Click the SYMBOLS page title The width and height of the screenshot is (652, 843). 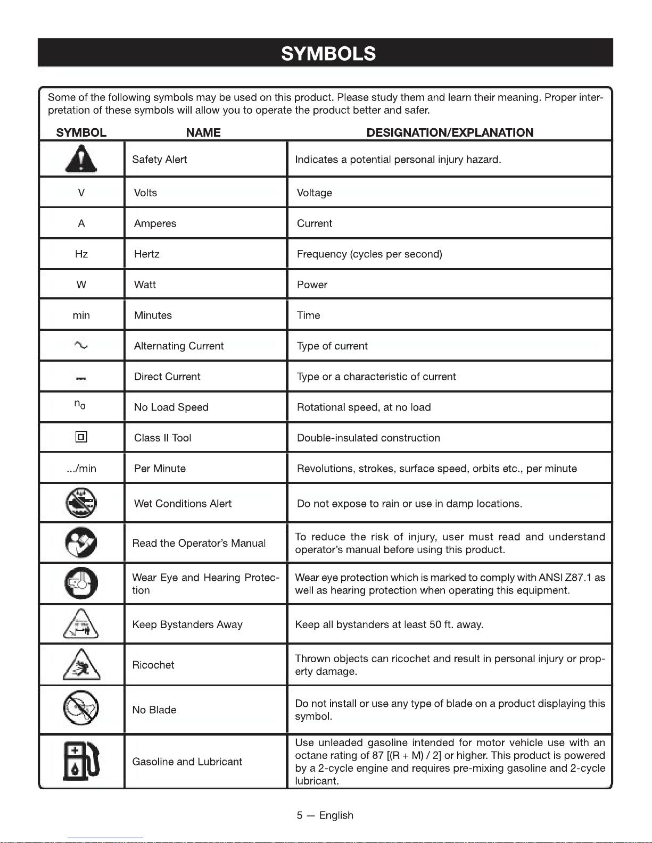point(328,54)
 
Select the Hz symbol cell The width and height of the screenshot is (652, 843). point(81,254)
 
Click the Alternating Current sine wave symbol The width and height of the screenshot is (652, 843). point(81,346)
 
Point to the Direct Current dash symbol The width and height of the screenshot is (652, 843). point(81,378)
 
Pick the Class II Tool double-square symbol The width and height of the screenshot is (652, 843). point(81,437)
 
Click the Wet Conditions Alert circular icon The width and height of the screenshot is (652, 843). point(81,503)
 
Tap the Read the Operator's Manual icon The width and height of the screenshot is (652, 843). point(81,542)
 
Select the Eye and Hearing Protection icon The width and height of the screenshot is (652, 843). point(81,583)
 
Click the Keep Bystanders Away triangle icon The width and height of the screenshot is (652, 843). point(81,624)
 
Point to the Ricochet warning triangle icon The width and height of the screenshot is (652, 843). point(81,665)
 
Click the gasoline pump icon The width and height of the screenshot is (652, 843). point(81,761)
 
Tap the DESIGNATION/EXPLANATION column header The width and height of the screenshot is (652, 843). point(450,132)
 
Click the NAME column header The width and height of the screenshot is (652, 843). point(203,132)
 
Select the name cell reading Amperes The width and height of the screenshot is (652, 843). point(155,223)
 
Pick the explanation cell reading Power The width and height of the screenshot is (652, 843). point(312,285)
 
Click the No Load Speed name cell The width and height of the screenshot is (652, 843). point(171,407)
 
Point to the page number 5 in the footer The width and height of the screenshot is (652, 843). point(300,815)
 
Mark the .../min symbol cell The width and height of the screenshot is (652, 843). point(81,469)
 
